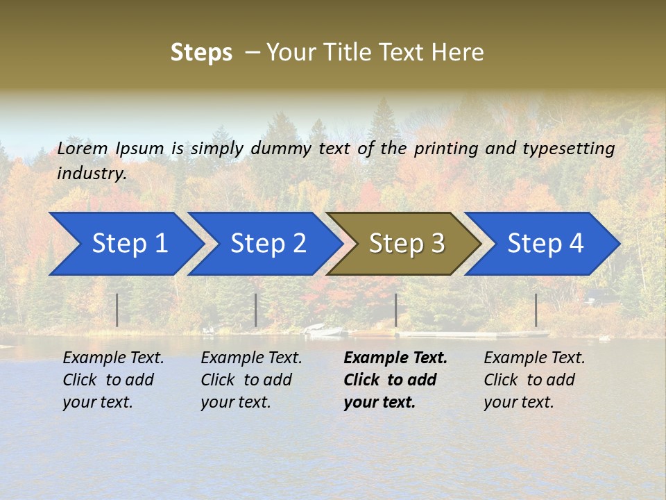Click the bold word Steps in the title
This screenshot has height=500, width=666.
(x=201, y=53)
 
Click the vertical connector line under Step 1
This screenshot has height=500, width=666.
(x=117, y=310)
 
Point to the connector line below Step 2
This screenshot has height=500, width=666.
(x=256, y=310)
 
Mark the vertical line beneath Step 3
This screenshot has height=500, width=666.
(x=395, y=310)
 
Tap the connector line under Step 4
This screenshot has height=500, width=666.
(x=536, y=310)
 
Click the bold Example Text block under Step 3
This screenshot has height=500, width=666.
(x=395, y=380)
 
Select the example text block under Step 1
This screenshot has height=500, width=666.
(x=113, y=380)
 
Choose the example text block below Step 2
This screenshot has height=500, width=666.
(x=251, y=380)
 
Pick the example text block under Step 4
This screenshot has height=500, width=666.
(x=534, y=380)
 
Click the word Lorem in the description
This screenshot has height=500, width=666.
(x=83, y=149)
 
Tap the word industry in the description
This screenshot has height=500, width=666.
(x=92, y=173)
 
